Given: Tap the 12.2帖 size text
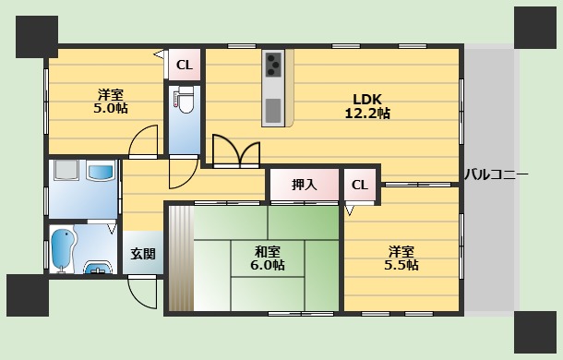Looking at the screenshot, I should tap(367, 114).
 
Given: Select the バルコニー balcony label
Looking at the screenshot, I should tap(496, 174).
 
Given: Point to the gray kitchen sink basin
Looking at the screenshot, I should tap(273, 110).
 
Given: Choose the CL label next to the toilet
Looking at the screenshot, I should tap(184, 65).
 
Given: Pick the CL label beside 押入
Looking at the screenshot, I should tap(359, 185).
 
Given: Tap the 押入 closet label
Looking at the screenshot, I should tap(305, 185).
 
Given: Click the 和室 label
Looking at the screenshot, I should tap(269, 250).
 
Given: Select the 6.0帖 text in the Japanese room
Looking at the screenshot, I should tap(269, 266).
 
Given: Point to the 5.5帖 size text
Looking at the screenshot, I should tap(401, 265).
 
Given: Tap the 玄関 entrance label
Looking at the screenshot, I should tap(142, 254).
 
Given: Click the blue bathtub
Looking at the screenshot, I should tap(63, 250).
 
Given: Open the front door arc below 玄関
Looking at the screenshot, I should tap(143, 292).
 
